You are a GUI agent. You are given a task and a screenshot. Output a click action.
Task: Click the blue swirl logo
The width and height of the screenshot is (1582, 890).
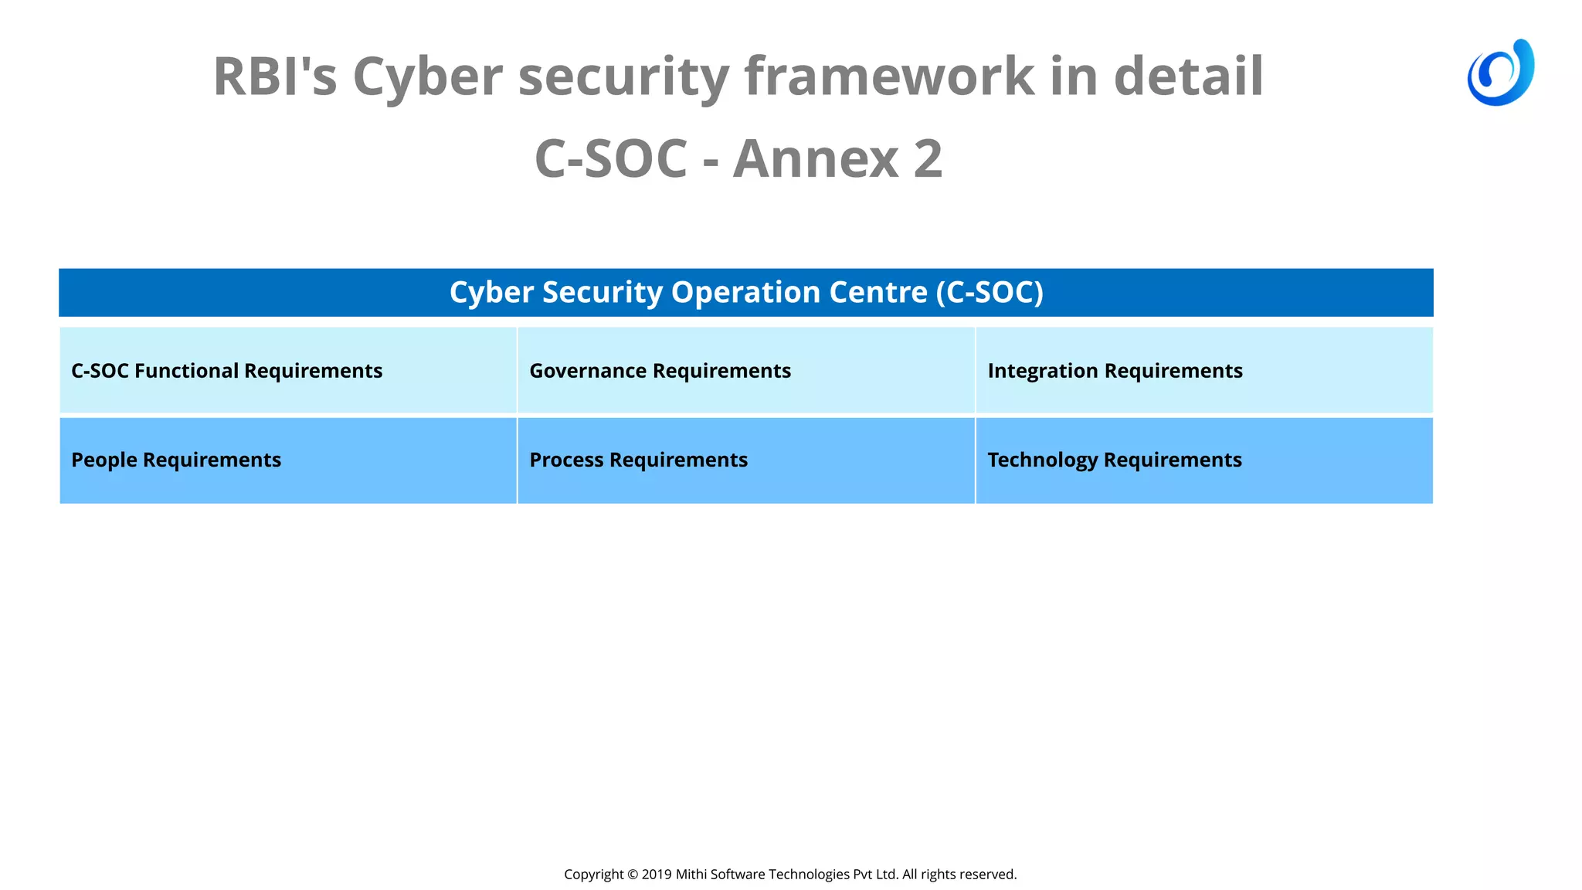[x=1500, y=73]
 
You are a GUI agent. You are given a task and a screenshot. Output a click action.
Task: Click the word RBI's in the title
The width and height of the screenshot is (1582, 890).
[x=275, y=76]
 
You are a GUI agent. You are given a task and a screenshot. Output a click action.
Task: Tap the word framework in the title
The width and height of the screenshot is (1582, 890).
[x=888, y=76]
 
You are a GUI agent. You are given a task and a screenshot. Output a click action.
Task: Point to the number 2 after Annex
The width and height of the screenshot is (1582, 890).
[x=928, y=158]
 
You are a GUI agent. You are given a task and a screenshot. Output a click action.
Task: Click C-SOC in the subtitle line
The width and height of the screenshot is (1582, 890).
[x=610, y=158]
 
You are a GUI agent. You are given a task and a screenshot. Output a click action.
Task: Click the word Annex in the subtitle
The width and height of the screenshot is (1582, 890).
[x=815, y=158]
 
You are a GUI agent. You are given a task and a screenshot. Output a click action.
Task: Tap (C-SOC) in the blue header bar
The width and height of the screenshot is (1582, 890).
[x=990, y=292]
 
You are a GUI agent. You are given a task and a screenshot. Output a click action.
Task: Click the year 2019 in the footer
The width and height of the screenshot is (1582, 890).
[x=657, y=874]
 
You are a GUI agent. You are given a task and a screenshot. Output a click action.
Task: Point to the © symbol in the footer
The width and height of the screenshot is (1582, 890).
[x=633, y=874]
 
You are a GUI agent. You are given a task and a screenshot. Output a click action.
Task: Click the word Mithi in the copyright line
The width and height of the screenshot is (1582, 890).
[x=691, y=874]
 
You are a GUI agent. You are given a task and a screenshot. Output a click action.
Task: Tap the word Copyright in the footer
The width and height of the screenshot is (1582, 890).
[x=593, y=874]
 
